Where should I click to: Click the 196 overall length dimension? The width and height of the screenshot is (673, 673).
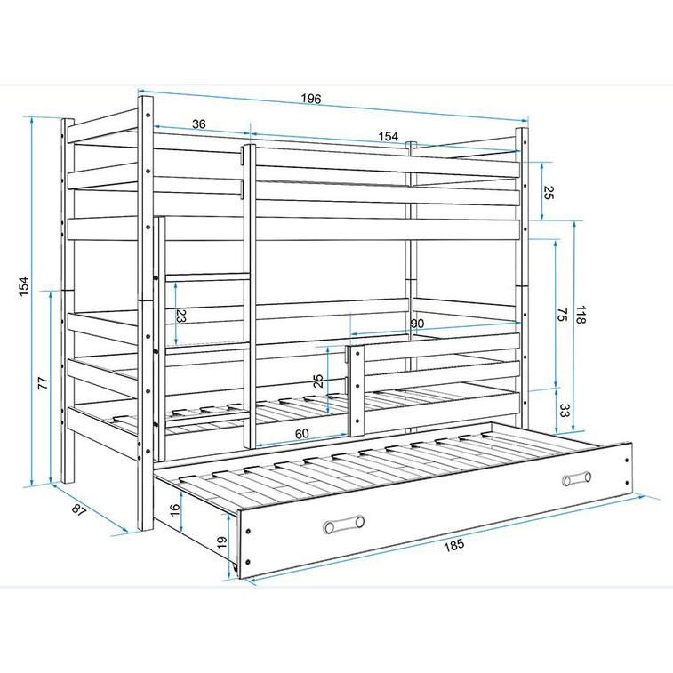(x=311, y=99)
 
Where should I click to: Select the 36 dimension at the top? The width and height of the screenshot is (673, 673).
(x=199, y=124)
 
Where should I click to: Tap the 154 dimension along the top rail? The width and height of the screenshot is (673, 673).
(x=388, y=137)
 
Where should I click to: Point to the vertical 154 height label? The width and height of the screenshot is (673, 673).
(x=24, y=286)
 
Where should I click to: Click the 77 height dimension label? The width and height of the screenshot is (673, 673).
(x=43, y=383)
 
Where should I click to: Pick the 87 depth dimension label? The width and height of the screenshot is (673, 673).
(x=79, y=510)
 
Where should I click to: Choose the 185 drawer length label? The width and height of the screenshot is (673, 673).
(x=453, y=545)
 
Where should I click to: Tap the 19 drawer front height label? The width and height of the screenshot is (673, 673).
(x=222, y=542)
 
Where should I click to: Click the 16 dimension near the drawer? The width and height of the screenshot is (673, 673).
(x=174, y=510)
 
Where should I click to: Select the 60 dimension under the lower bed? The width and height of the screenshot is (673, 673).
(x=301, y=434)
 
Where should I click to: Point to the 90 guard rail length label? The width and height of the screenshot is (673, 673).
(x=417, y=324)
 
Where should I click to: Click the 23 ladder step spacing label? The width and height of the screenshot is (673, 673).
(x=181, y=316)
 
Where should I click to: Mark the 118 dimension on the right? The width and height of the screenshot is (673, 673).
(x=581, y=315)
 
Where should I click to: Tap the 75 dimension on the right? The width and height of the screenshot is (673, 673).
(x=562, y=315)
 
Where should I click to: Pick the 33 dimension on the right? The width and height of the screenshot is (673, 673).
(x=564, y=411)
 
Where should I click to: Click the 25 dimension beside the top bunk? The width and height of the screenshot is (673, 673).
(x=549, y=193)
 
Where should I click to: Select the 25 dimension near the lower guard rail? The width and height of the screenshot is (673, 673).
(x=318, y=381)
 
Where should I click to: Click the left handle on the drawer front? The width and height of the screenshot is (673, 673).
(x=344, y=524)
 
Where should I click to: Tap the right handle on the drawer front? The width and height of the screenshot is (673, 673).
(x=576, y=478)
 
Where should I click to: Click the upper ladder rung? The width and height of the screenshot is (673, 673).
(x=207, y=277)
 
